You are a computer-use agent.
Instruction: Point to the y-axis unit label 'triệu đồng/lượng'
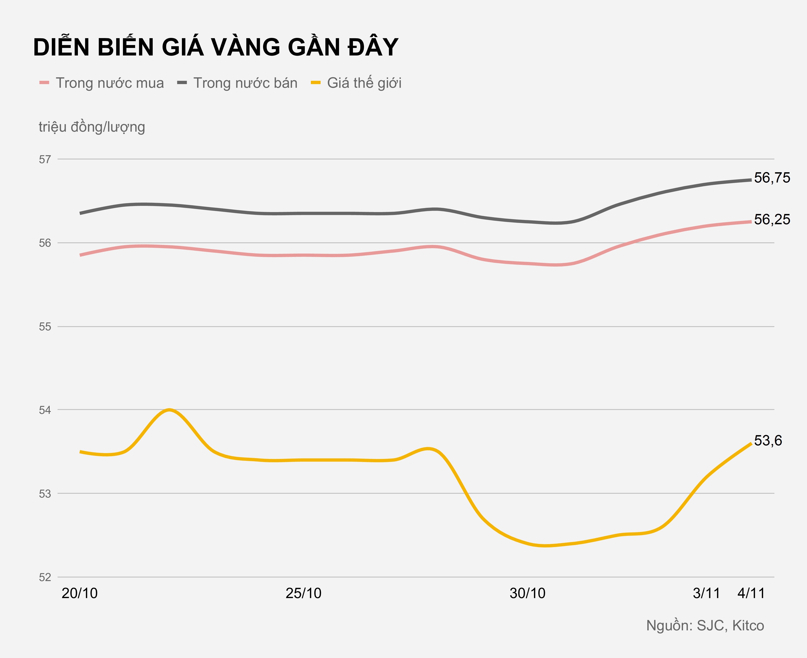pyautogui.click(x=92, y=127)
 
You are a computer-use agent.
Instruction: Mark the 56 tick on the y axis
pyautogui.click(x=45, y=243)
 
